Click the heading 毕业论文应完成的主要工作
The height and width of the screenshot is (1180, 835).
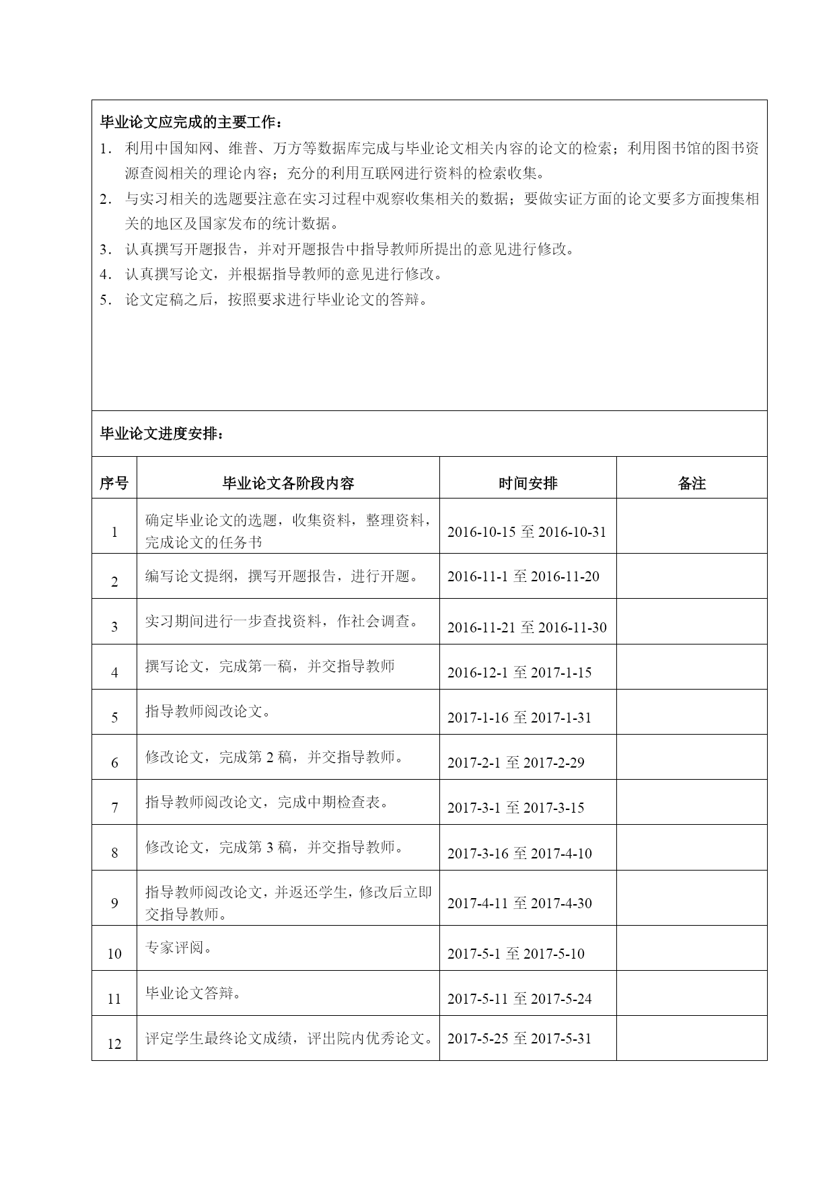[191, 122]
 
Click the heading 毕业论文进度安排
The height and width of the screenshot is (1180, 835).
[161, 434]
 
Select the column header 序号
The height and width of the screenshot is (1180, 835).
[114, 483]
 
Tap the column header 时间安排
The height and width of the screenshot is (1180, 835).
[528, 483]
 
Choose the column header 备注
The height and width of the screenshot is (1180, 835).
[692, 483]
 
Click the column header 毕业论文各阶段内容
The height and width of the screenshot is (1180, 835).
[288, 483]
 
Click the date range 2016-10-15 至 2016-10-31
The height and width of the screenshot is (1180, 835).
[527, 532]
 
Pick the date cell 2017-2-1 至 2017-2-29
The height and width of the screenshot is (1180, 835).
[515, 763]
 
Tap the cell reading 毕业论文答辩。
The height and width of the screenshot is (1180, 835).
[193, 993]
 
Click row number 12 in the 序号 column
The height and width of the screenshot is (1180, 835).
[114, 1044]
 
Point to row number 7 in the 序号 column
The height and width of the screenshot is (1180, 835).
[114, 808]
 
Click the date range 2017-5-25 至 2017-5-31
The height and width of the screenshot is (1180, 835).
[519, 1039]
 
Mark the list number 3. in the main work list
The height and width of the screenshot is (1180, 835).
[106, 250]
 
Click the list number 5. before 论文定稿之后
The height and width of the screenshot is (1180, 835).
[106, 300]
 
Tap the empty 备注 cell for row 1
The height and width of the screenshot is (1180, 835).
[692, 526]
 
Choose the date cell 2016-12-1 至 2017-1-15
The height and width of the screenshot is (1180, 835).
[519, 673]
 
